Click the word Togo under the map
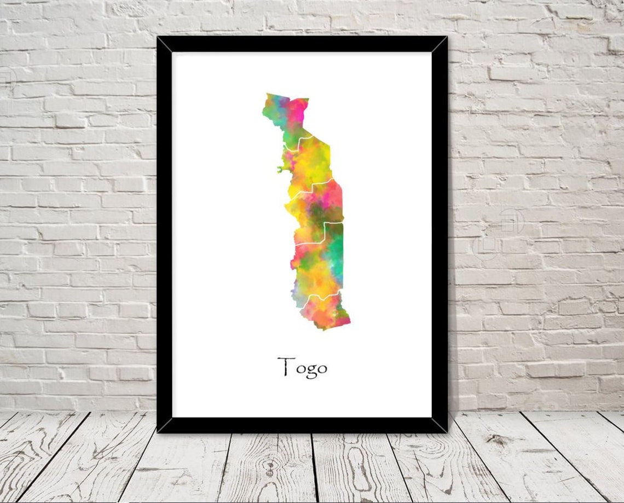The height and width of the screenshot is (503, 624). pos(302,367)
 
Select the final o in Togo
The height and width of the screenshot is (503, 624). pos(321,369)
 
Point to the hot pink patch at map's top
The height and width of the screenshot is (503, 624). pos(298,109)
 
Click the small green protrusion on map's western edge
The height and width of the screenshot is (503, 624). pos(281,170)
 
